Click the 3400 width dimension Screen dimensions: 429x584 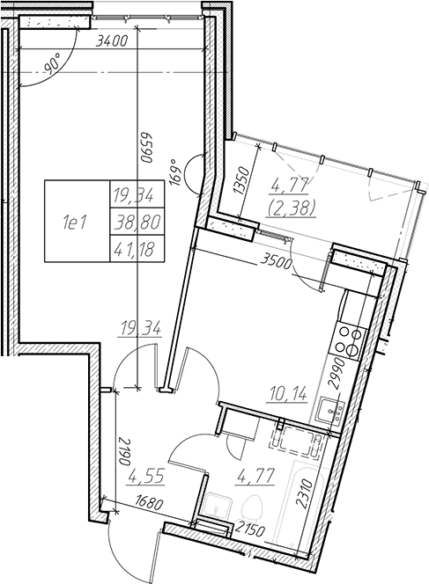pos(112,40)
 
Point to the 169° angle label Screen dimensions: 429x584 pos(175,172)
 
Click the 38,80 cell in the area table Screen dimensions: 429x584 pos(137,222)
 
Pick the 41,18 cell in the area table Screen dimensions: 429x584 pos(137,248)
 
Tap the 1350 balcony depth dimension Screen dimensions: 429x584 pos(242,180)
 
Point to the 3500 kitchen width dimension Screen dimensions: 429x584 pos(276,263)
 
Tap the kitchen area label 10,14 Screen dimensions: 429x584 pos(287,393)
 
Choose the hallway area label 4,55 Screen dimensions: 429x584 pos(146,477)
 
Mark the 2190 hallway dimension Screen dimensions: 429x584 pos(124,452)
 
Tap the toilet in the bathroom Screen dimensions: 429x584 pos(253,508)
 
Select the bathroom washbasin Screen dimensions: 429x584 pos(218,506)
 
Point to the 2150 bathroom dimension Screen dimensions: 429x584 pos(250,530)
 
